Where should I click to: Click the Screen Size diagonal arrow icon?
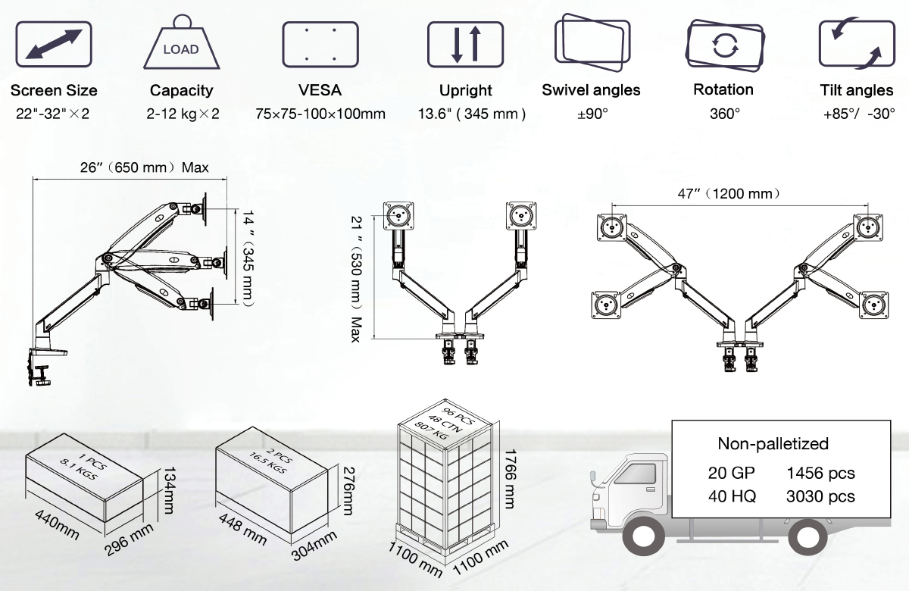54,44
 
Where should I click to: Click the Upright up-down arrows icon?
465,44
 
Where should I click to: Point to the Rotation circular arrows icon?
724,44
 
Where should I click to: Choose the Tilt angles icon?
856,44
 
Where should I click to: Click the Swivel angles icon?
592,44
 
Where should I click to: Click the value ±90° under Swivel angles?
591,114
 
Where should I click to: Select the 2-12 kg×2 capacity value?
183,114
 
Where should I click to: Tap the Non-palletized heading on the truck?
773,444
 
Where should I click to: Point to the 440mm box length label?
58,524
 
